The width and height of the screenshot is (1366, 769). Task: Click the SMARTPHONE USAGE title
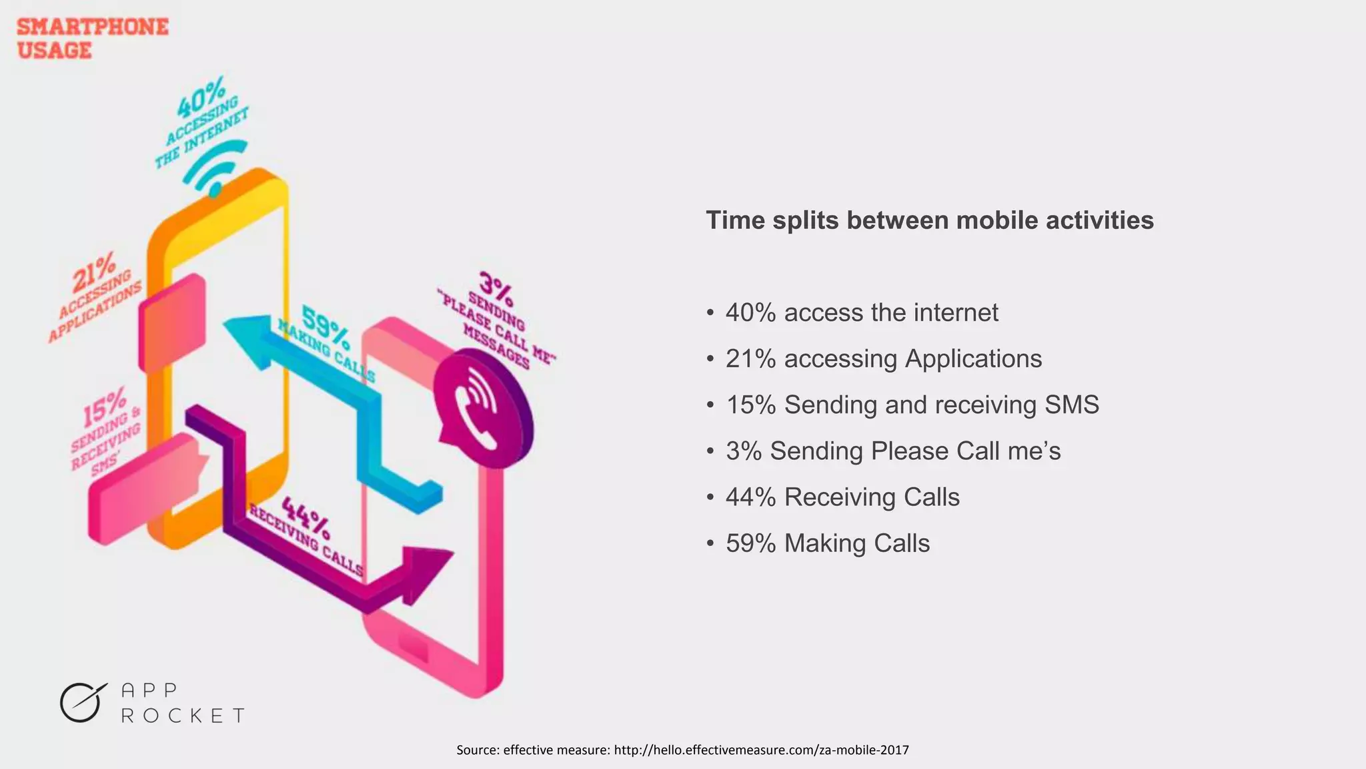[92, 38]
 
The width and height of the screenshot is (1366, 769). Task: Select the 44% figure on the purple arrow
[305, 517]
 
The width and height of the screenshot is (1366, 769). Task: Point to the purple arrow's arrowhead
[424, 571]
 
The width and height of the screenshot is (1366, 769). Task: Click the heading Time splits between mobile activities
[929, 220]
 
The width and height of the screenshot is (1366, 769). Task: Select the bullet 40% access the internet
[861, 312]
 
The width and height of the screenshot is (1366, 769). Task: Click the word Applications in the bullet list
[973, 358]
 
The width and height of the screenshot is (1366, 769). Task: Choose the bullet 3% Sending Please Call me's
[892, 451]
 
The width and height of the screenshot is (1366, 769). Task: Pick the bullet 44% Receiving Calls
[842, 497]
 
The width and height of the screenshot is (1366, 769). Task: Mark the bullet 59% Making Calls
[827, 543]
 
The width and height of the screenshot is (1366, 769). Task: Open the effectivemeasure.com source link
[760, 750]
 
